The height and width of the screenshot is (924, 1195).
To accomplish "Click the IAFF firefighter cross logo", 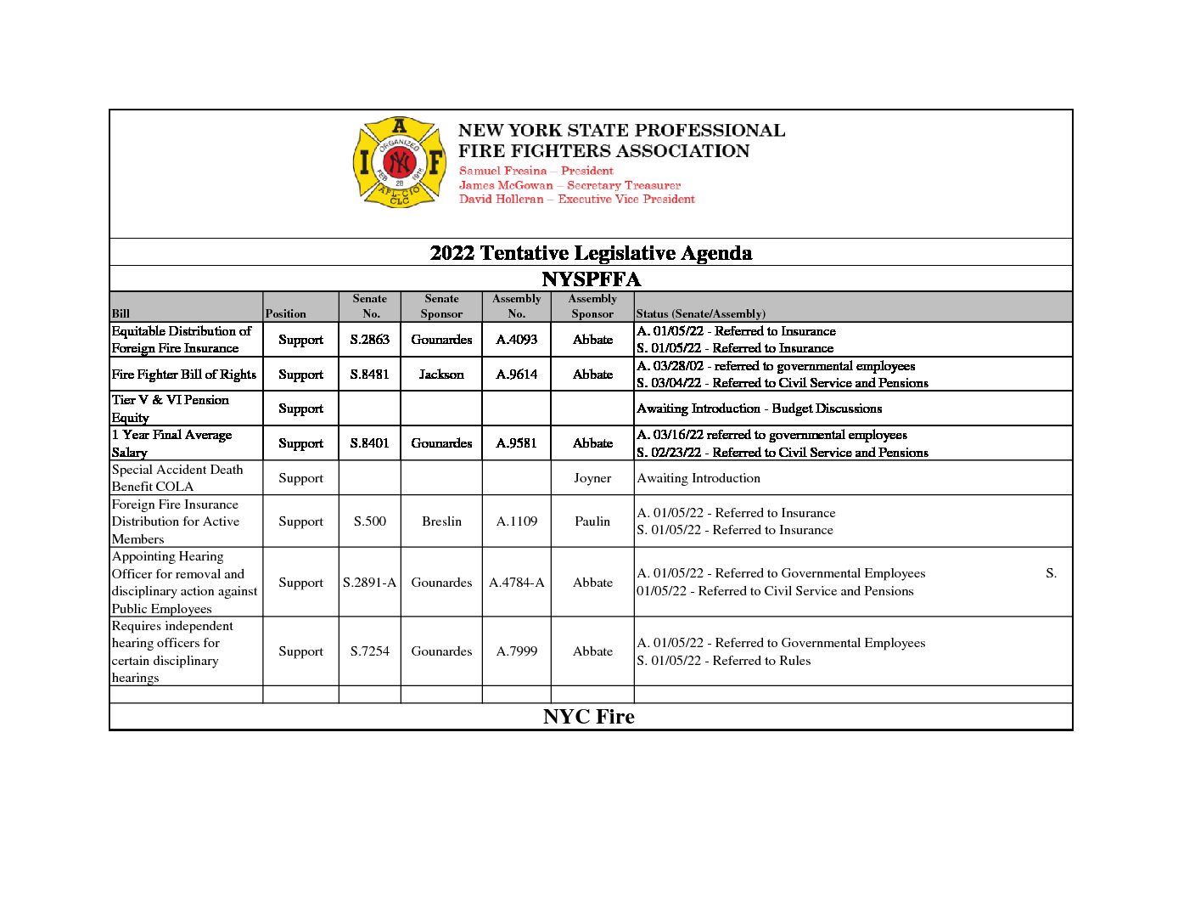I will click(399, 162).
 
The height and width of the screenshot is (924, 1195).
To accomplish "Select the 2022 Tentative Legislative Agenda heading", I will click(591, 253).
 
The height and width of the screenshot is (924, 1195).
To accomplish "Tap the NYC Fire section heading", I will click(589, 717).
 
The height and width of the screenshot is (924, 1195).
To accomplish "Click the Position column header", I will click(286, 313).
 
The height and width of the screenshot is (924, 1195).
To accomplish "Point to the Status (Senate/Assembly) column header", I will click(700, 313).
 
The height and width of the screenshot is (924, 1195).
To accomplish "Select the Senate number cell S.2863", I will click(369, 340).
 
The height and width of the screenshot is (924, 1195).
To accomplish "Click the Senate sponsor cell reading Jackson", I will click(441, 375).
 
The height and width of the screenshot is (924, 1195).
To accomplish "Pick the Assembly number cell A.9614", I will click(516, 375).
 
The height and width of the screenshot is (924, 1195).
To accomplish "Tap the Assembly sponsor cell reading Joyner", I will click(592, 478).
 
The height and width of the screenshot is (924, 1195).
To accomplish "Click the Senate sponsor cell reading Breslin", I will click(441, 521).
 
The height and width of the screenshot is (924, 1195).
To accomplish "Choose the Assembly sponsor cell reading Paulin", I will click(592, 521).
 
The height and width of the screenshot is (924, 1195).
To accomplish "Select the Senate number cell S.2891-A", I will click(369, 583).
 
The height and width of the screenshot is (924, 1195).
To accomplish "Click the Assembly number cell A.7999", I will click(516, 651).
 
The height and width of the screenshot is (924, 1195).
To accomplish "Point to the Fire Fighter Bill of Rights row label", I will click(184, 375).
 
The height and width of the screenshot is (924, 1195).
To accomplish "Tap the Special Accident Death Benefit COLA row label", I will click(177, 478).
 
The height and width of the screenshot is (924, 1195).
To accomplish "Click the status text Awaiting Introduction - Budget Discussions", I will click(759, 408).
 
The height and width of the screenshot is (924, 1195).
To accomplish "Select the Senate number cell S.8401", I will click(369, 443).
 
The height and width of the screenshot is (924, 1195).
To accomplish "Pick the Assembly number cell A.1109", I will click(516, 521).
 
